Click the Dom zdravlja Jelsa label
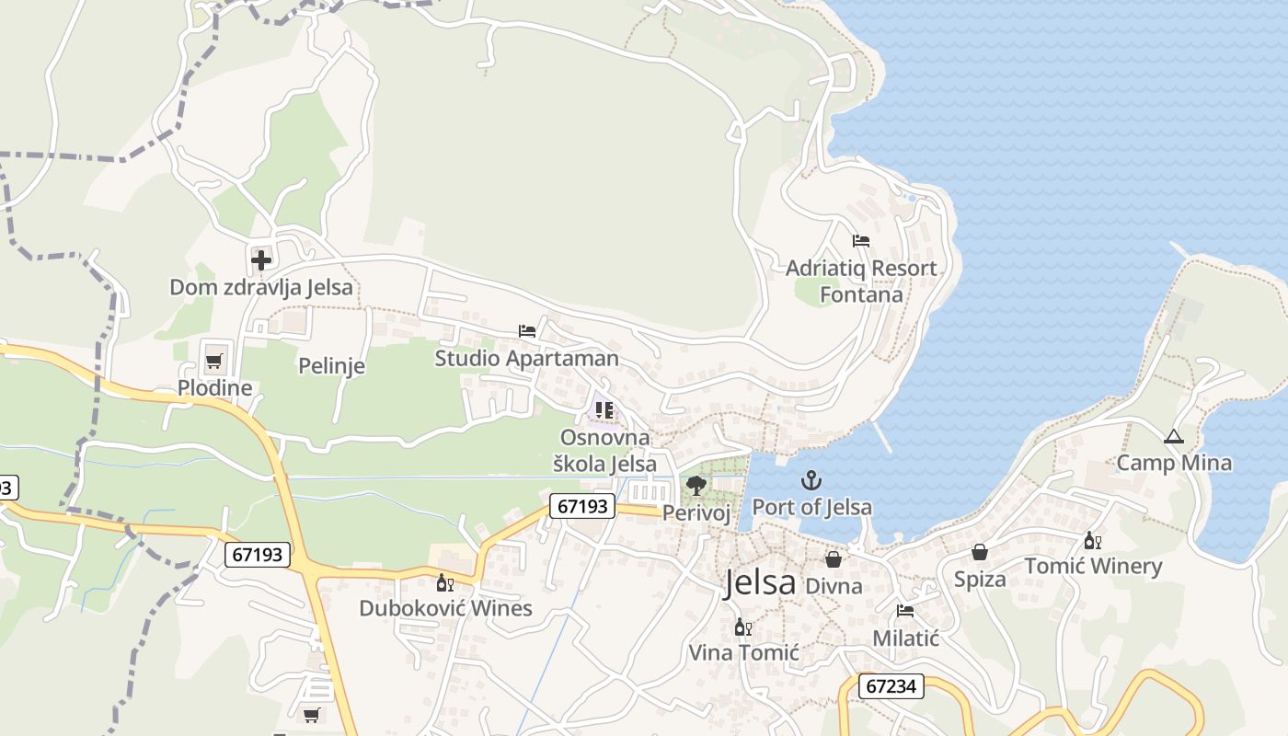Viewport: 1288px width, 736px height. click(261, 287)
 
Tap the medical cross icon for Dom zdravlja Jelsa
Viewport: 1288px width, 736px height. click(261, 259)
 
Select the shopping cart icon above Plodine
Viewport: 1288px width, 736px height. click(214, 361)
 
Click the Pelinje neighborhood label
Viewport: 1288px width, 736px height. click(331, 366)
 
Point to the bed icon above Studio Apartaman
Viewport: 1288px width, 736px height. click(527, 330)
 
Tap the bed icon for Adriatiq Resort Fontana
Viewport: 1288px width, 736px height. click(861, 241)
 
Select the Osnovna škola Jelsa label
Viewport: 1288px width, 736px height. click(604, 451)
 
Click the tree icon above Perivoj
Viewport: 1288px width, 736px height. click(696, 485)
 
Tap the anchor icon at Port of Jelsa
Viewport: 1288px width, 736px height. click(811, 479)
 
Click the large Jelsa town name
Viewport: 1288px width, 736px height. click(759, 582)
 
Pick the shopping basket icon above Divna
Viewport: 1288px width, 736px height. click(834, 558)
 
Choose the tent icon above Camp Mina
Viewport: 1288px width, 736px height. click(1173, 436)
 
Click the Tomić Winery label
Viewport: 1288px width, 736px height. click(1093, 567)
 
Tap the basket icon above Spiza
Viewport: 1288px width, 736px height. click(980, 552)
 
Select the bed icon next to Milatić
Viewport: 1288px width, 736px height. click(905, 611)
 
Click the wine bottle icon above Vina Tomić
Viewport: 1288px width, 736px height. click(743, 627)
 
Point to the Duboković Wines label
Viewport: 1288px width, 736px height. click(445, 608)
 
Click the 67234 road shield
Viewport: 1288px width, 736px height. click(891, 686)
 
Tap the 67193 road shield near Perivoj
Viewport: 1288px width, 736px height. click(582, 505)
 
